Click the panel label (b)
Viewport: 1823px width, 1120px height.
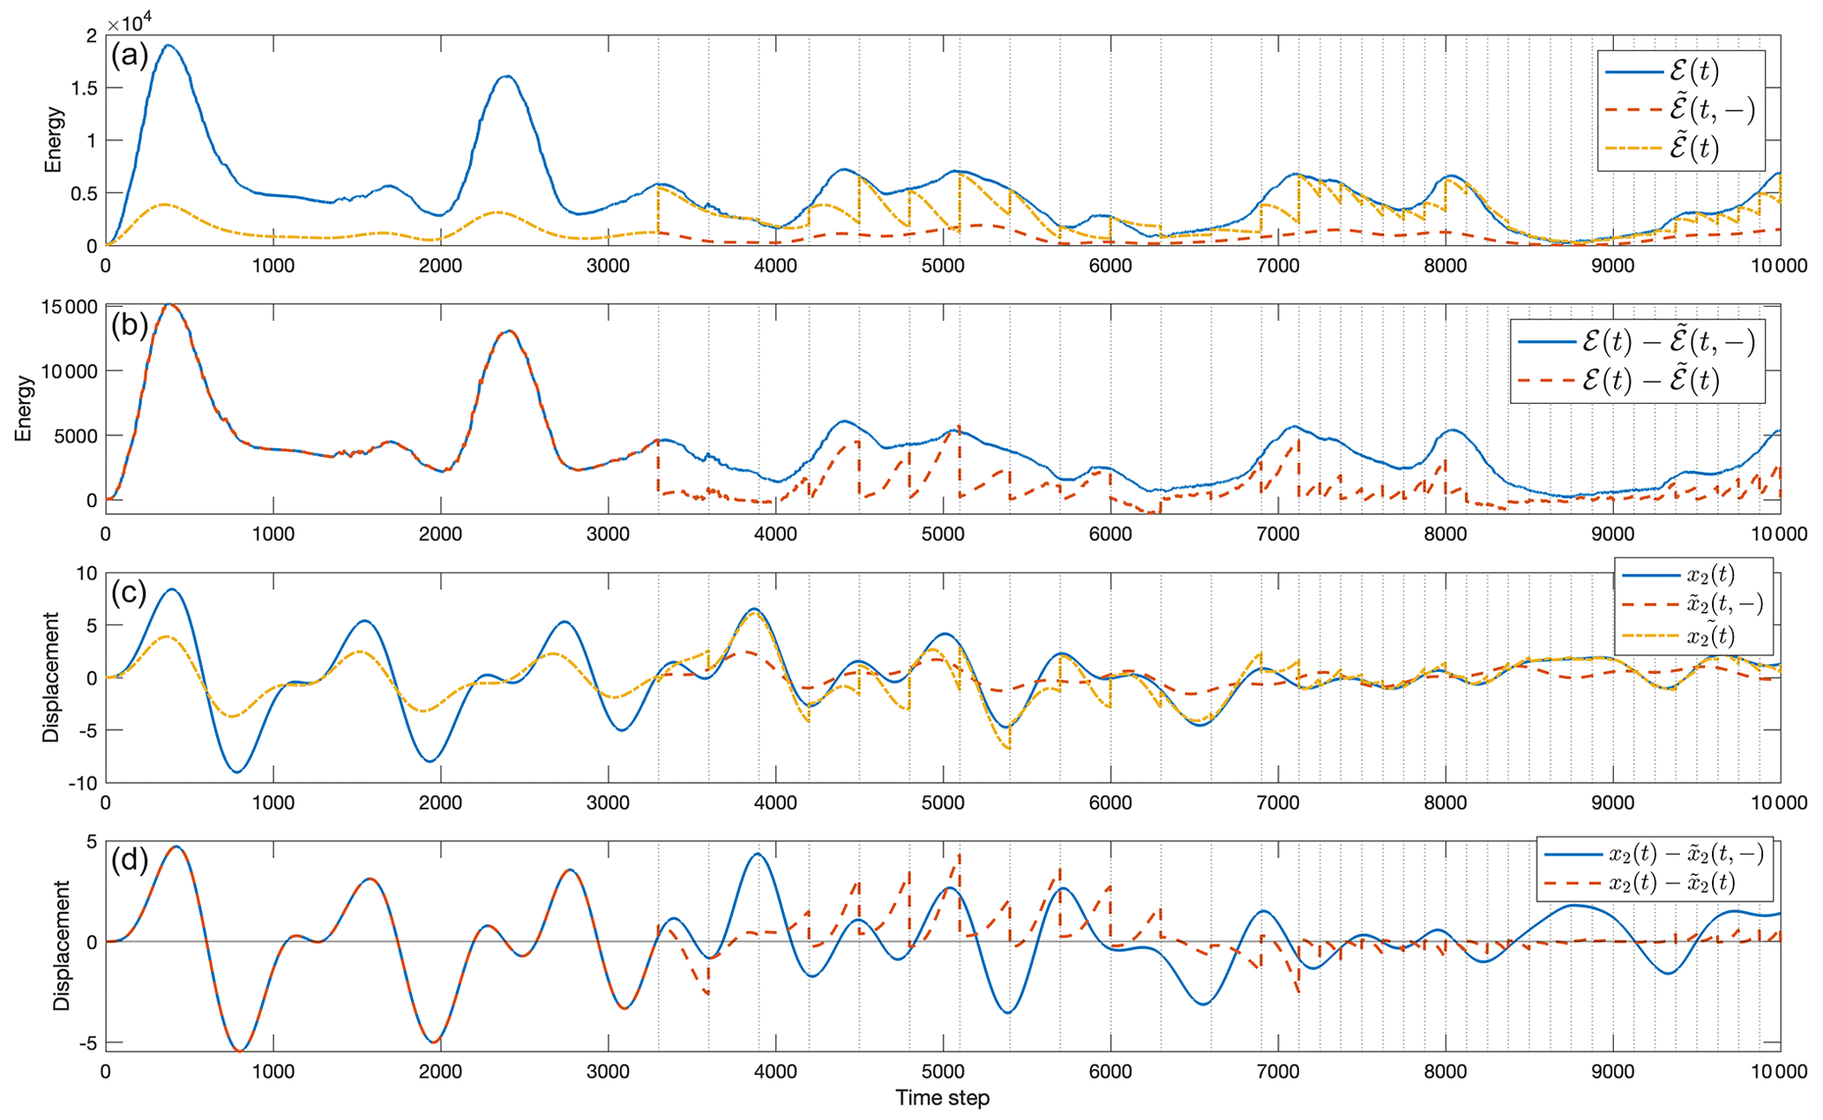click(x=130, y=325)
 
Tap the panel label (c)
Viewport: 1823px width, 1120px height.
click(x=129, y=593)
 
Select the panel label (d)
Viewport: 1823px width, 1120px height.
click(x=130, y=859)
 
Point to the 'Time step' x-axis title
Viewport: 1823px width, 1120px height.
click(x=942, y=1098)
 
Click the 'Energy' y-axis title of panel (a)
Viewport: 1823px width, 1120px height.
click(x=55, y=139)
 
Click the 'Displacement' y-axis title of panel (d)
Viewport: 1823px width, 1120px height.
click(x=61, y=946)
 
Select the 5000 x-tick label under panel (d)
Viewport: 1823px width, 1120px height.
click(x=943, y=1072)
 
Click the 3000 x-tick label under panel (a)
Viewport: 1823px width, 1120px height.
click(x=608, y=266)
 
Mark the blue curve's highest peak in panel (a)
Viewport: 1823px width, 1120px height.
click(x=168, y=45)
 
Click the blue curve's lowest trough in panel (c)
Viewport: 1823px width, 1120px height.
click(x=236, y=772)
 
